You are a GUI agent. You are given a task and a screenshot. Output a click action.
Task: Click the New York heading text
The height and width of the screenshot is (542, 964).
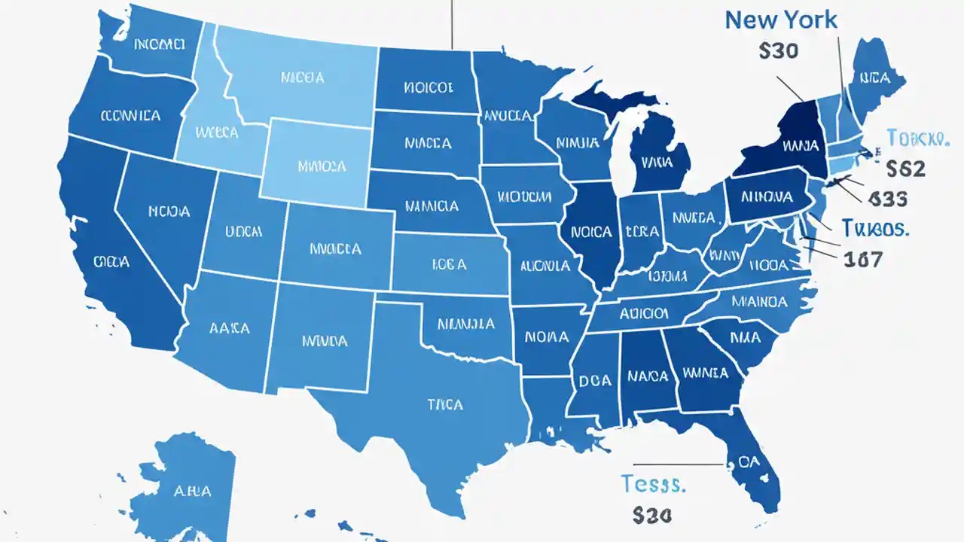click(780, 20)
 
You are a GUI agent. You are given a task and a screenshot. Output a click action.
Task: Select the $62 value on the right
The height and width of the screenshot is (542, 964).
click(905, 168)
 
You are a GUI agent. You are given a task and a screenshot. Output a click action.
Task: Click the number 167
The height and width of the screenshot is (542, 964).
click(862, 260)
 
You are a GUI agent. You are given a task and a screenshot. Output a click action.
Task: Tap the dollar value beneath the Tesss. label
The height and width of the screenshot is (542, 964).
click(651, 515)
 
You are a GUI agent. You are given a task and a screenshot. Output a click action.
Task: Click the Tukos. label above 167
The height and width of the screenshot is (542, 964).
click(874, 228)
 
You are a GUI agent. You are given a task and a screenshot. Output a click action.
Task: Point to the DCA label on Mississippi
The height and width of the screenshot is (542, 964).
click(595, 381)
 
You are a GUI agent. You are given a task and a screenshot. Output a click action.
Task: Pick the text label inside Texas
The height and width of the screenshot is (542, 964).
click(444, 404)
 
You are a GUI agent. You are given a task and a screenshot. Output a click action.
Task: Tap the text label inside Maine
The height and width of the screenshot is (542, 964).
click(874, 77)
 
